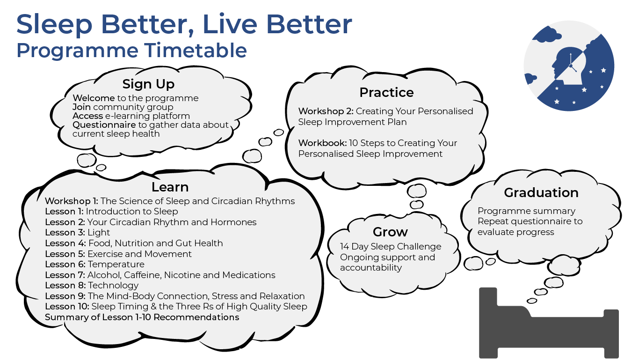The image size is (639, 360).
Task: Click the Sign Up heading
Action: pos(148,84)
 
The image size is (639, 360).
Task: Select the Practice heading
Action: pos(386,92)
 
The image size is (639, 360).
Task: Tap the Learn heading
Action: pos(170,187)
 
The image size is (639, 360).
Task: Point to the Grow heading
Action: pos(390,232)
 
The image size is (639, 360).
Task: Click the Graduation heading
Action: pos(541,192)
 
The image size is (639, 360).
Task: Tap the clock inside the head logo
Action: pos(571,64)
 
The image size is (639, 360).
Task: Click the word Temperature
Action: pos(116,264)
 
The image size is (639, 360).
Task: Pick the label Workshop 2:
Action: pos(326,111)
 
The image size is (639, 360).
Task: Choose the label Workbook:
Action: pos(322,143)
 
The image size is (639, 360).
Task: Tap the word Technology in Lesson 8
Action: pos(113,286)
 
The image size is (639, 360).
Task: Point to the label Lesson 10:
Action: pos(67,307)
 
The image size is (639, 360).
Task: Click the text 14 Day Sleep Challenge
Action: pos(391,247)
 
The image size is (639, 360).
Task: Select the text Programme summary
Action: pos(526,211)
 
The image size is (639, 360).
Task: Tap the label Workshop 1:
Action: pos(72,201)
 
